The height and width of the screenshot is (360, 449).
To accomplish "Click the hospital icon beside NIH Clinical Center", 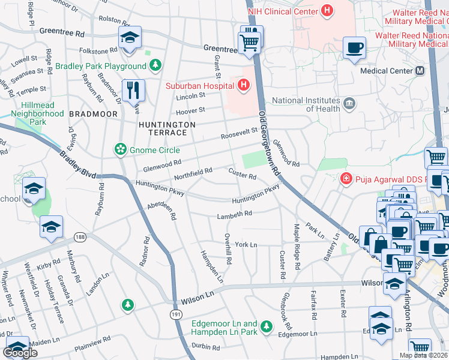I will [327, 11].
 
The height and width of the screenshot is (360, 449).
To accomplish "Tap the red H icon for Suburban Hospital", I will [243, 85].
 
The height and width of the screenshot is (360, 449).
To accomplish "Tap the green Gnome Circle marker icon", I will [121, 149].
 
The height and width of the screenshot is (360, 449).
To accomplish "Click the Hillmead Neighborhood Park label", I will [38, 113].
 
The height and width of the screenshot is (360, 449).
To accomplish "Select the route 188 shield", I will [80, 238].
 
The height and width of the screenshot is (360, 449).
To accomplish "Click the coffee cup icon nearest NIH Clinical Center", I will [354, 47].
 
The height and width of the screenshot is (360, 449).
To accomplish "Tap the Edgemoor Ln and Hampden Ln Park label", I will [224, 328].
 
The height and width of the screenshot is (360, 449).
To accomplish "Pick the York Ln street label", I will [246, 245].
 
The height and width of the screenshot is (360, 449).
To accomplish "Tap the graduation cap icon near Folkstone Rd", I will [129, 38].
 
